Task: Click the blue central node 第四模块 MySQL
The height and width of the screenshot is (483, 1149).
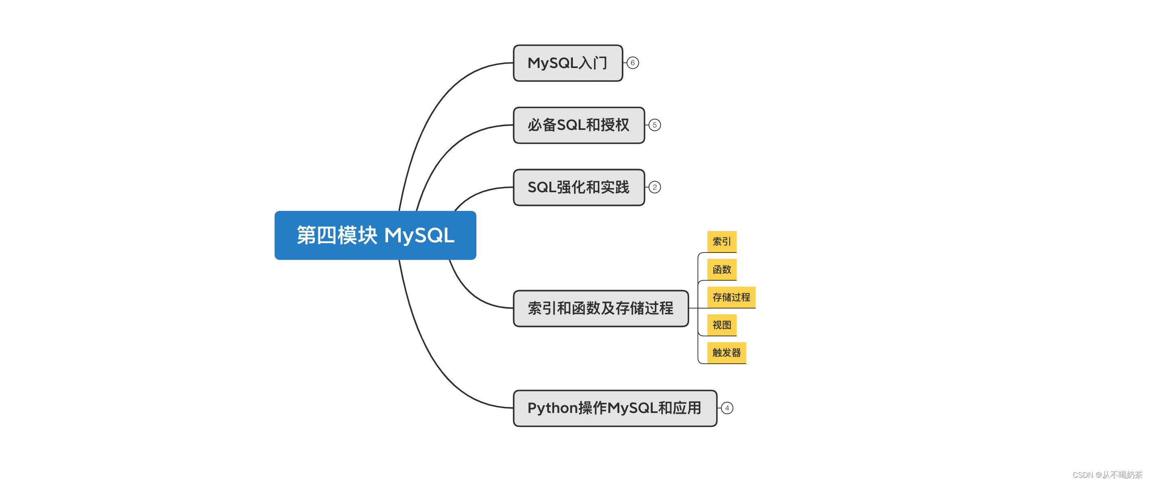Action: point(375,235)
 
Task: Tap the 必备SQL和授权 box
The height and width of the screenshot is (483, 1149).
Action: point(579,125)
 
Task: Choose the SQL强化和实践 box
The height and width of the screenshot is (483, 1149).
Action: point(579,187)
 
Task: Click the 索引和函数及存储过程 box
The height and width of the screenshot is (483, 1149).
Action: point(601,308)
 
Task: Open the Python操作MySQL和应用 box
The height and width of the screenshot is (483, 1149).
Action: point(615,408)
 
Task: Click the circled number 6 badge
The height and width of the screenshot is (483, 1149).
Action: point(632,63)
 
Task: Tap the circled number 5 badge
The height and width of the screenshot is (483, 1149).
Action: point(654,125)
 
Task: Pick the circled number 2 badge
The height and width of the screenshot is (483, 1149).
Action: point(654,187)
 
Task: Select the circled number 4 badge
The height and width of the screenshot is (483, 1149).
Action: point(727,408)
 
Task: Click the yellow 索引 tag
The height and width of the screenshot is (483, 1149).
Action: point(721,241)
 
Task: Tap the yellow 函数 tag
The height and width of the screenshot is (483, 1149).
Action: point(721,269)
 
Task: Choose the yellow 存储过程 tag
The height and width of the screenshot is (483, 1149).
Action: point(731,297)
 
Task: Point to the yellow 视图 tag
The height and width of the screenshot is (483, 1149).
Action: point(721,325)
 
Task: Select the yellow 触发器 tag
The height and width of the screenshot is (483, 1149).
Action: point(726,352)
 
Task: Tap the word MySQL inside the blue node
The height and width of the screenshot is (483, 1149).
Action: point(419,235)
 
